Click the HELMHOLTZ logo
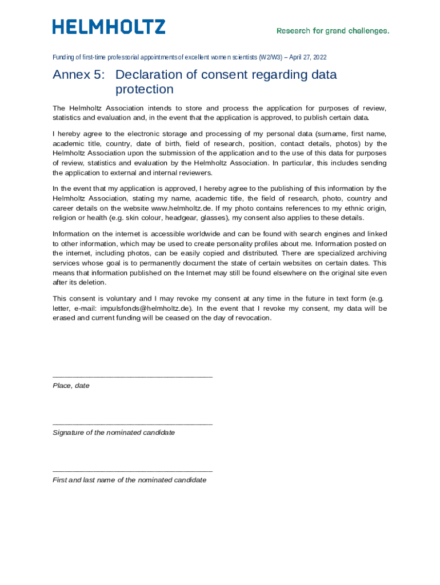pos(109,27)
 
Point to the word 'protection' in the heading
pos(144,89)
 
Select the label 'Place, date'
pos(71,386)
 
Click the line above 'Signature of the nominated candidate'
pos(132,424)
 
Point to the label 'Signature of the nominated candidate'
pos(114,433)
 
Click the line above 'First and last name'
pos(132,471)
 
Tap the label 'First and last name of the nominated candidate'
pos(129,480)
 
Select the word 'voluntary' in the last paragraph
pos(121,299)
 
